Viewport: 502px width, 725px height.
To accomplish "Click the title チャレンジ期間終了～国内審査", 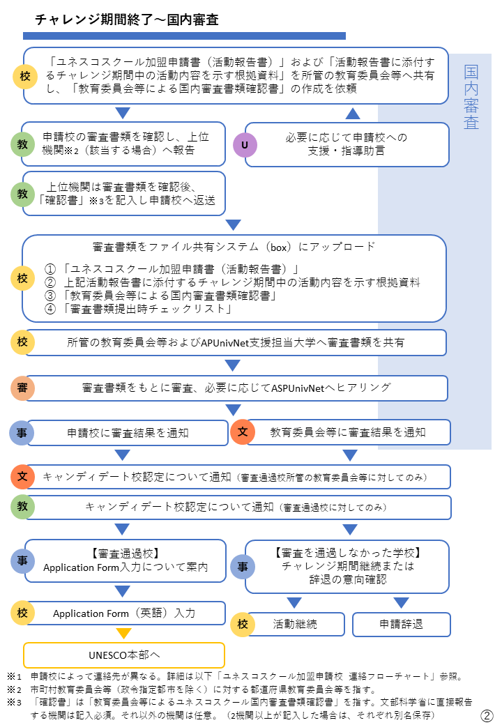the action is click(127, 20).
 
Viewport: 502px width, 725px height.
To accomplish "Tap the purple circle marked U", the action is click(245, 145).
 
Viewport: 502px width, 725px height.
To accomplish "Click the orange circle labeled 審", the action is click(22, 388).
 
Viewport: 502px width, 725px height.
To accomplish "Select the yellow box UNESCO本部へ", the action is click(124, 655).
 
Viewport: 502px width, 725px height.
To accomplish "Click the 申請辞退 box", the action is click(401, 624).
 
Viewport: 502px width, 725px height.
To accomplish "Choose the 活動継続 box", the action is click(295, 624).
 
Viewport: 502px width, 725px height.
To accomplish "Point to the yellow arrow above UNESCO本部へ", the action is click(124, 633).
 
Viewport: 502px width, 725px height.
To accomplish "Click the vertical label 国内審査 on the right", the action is click(471, 97).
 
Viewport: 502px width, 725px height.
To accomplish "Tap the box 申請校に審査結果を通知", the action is click(128, 433).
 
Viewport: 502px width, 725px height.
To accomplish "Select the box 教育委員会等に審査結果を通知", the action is click(348, 432).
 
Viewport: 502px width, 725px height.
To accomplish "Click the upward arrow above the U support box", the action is click(353, 113).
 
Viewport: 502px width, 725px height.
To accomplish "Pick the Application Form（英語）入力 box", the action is click(124, 613).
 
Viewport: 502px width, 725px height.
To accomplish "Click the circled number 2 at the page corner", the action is click(487, 716).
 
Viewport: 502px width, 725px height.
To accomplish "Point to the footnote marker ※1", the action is click(15, 676).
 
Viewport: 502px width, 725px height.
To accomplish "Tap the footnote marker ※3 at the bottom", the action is click(15, 703).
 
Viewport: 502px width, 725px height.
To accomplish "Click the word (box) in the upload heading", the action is click(279, 247).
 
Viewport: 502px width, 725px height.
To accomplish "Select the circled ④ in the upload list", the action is click(50, 308).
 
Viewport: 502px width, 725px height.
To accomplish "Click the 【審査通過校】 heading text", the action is click(125, 554).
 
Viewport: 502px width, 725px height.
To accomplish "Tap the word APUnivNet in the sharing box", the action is click(225, 342).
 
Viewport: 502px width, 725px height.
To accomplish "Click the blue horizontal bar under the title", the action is click(185, 36).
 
